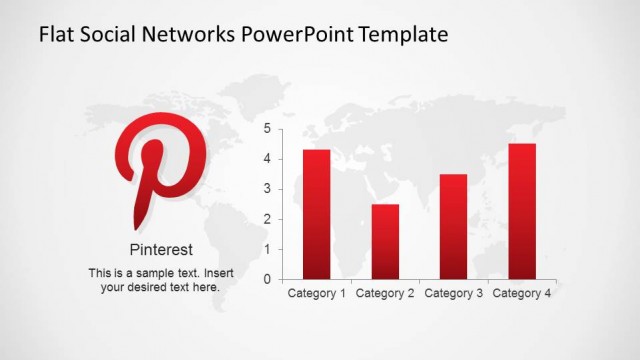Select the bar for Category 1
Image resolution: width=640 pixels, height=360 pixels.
(x=317, y=214)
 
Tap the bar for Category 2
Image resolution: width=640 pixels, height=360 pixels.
(x=385, y=241)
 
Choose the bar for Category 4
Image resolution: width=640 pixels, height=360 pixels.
(x=522, y=211)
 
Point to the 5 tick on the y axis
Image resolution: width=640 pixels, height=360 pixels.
(x=267, y=129)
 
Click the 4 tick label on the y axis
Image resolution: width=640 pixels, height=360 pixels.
(x=267, y=159)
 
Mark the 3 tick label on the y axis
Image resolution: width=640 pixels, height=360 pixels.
(x=267, y=189)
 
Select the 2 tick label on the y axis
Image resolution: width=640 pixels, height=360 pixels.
(x=267, y=219)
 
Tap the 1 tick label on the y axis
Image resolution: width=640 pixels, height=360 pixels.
(x=267, y=249)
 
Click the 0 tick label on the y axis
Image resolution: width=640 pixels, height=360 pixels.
(x=267, y=279)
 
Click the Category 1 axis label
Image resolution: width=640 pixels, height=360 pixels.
(x=317, y=294)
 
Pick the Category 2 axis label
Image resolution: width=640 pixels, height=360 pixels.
(x=385, y=294)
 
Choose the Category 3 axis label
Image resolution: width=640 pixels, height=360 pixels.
(x=454, y=294)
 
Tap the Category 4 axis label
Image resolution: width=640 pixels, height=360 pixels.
(x=522, y=294)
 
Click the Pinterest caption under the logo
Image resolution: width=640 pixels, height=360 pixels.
(x=161, y=250)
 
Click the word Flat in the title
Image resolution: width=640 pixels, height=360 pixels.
(x=56, y=35)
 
